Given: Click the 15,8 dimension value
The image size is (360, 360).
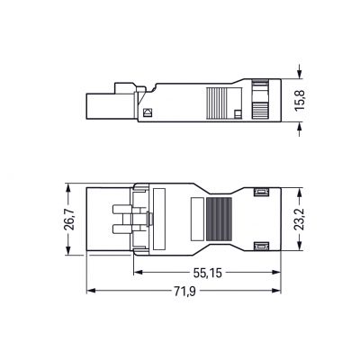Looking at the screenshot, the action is click(300, 101).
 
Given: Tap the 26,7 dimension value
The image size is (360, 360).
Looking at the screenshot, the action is click(69, 220).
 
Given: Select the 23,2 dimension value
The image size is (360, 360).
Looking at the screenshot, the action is click(299, 220).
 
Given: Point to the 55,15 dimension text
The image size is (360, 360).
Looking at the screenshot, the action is click(208, 273).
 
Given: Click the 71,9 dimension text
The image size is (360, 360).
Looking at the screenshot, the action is click(185, 292).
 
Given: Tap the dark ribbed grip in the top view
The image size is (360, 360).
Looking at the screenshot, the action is click(219, 219).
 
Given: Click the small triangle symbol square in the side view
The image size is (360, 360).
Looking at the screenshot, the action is click(148, 112).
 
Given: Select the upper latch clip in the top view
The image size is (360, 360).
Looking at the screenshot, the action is click(260, 193).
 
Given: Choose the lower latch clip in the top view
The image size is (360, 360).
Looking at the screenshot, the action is click(260, 247).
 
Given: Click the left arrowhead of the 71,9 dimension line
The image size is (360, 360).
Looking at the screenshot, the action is click(91, 291).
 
